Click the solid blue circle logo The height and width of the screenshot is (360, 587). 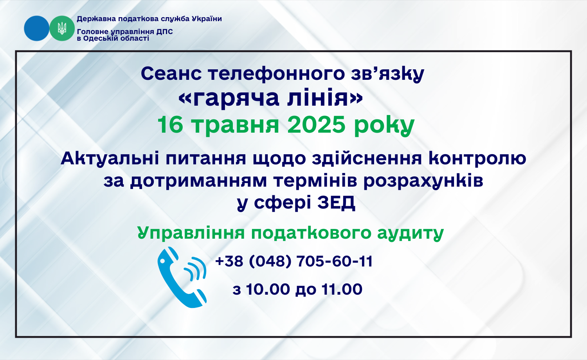(36, 28)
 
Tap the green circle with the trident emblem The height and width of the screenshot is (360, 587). (62, 28)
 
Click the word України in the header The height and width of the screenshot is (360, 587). (207, 19)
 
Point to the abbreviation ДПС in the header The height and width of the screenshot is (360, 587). (165, 32)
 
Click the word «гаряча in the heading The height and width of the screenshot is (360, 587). (229, 99)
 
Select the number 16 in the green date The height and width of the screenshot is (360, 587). (170, 125)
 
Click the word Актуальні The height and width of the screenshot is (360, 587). (110, 158)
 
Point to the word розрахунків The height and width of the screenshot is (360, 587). (423, 181)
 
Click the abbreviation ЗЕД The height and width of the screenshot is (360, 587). (336, 202)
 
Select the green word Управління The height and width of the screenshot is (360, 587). (191, 233)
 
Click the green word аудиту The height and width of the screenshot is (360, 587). (411, 234)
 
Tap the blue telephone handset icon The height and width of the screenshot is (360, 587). (182, 277)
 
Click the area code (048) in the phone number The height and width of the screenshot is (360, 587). (270, 261)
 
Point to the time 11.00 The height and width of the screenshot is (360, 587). (342, 289)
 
